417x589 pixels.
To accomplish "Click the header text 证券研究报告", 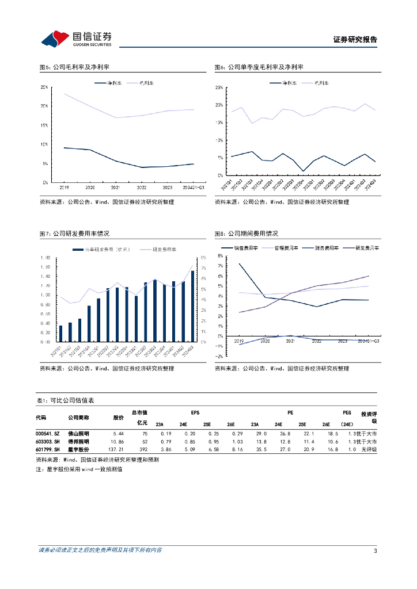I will [x=355, y=40].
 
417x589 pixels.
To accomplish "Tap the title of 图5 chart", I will [x=74, y=67].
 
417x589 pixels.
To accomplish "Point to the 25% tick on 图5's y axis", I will [x=44, y=87].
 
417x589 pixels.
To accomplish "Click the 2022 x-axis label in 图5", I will [x=141, y=188].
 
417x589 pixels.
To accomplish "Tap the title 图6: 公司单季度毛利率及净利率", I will [x=259, y=67].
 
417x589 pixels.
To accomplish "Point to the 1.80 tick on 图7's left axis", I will [x=45, y=258].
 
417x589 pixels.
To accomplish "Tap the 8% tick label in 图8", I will [x=220, y=255].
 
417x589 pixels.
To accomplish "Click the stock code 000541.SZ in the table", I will [x=47, y=434].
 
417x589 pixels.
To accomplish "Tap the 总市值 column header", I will [x=139, y=413].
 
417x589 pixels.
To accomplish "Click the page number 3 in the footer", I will [x=375, y=551].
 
